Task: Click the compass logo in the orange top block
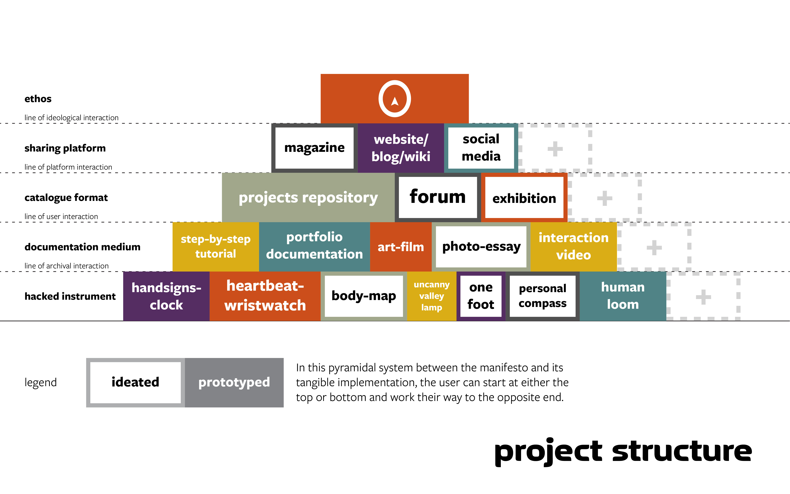point(395,99)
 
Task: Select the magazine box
point(314,148)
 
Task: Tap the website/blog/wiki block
point(401,148)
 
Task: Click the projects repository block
point(308,197)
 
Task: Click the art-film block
point(401,247)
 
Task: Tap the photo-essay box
point(481,247)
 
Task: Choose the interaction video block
point(574,247)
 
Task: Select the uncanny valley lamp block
point(432,296)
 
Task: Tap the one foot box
point(481,296)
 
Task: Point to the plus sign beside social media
point(555,149)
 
